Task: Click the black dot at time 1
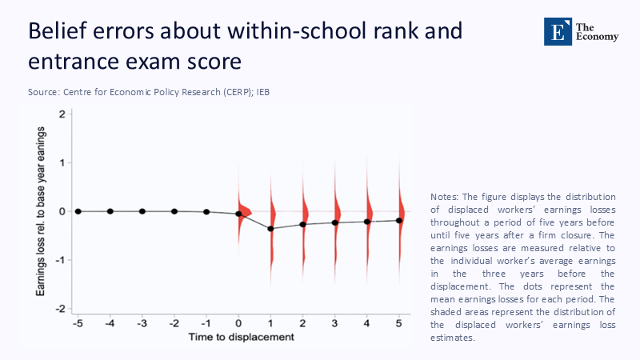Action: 271,229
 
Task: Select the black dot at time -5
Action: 78,211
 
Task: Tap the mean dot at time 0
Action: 238,214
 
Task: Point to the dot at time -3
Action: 142,211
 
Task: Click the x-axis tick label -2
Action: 174,324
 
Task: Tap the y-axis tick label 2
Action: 62,114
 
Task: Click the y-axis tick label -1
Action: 60,260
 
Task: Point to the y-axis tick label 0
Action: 62,211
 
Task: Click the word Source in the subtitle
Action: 43,93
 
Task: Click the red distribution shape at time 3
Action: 336,212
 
